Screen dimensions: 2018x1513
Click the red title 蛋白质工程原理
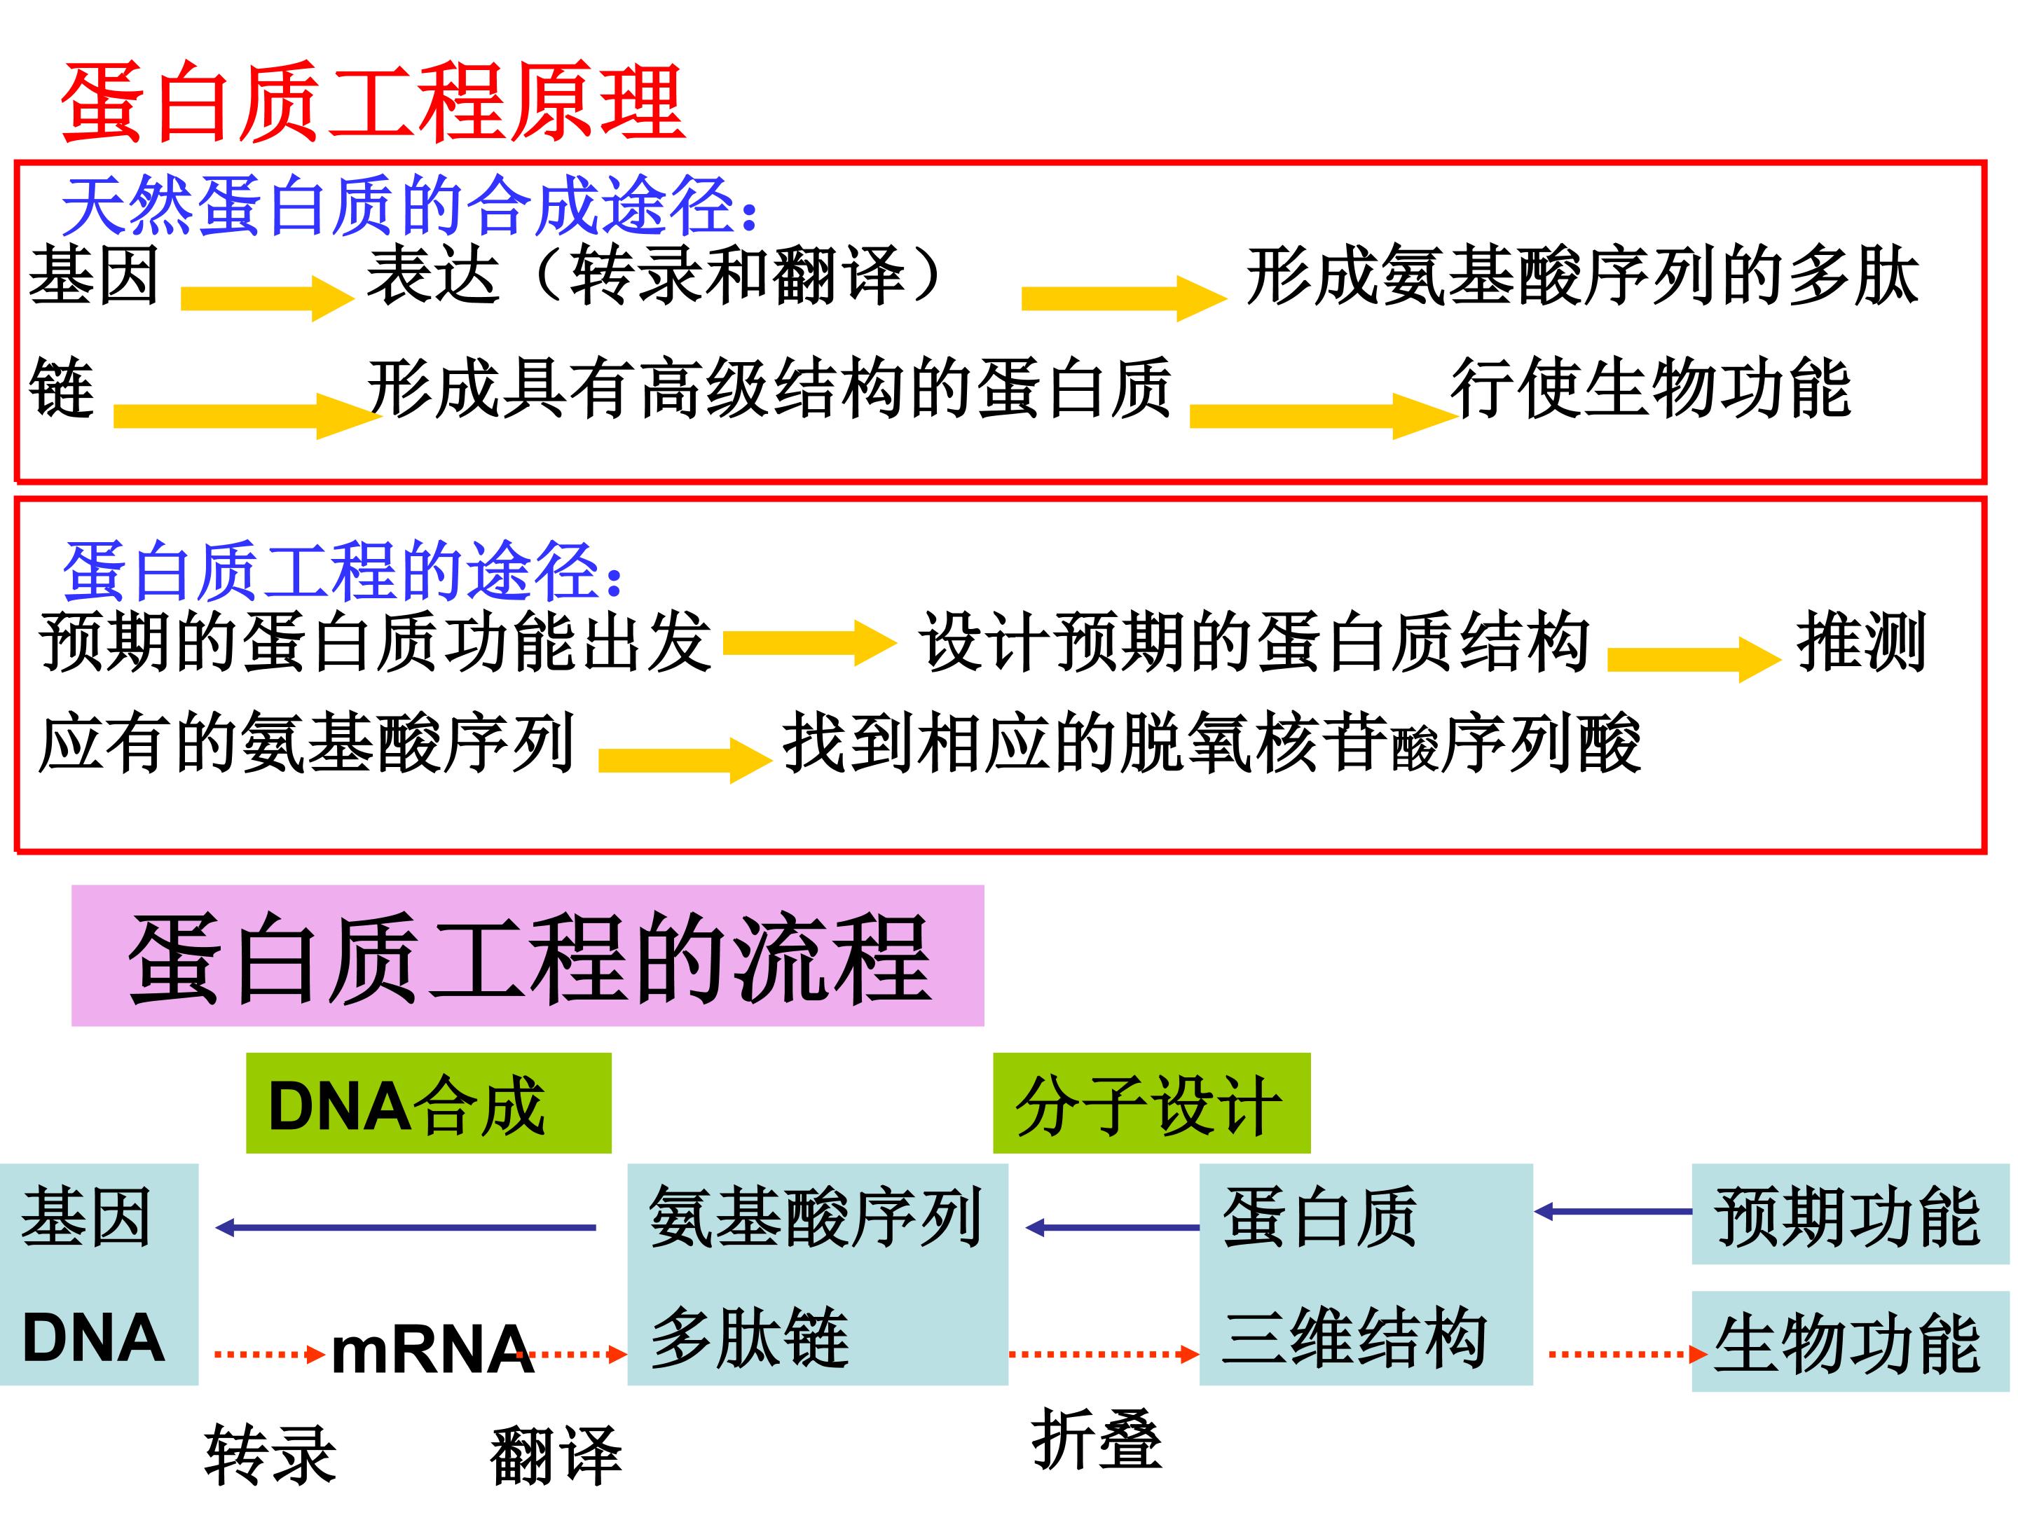[x=372, y=102]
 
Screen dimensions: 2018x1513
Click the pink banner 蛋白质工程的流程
[x=528, y=955]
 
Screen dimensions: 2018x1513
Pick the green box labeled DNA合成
[x=429, y=1103]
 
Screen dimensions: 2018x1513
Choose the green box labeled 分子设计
[x=1151, y=1103]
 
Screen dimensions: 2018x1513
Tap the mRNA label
[x=432, y=1350]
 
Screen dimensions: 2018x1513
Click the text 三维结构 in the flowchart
[x=1354, y=1338]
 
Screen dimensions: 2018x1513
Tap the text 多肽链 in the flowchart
[x=750, y=1338]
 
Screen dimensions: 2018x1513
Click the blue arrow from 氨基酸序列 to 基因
[x=406, y=1227]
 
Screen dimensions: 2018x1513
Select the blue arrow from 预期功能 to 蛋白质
[x=1613, y=1212]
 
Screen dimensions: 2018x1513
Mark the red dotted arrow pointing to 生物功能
[x=1628, y=1354]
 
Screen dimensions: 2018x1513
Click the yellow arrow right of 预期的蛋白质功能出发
[x=810, y=644]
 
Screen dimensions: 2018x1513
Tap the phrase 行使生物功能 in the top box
[x=1652, y=389]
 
